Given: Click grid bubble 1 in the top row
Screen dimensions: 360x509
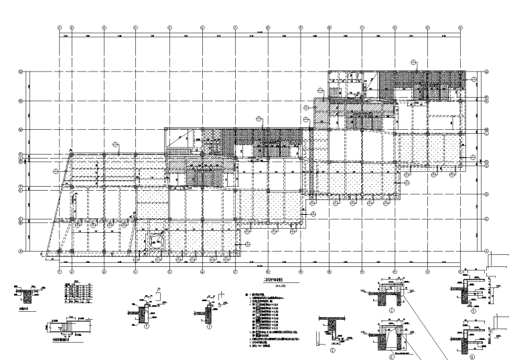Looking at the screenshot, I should pyautogui.click(x=60, y=27).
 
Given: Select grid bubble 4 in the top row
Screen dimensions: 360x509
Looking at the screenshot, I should pyautogui.click(x=136, y=27).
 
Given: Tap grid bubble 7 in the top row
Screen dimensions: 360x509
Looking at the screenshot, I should pyautogui.click(x=235, y=27).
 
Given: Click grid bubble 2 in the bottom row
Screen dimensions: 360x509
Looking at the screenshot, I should pyautogui.click(x=72, y=272).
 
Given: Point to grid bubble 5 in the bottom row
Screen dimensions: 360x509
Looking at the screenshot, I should pyautogui.click(x=170, y=272).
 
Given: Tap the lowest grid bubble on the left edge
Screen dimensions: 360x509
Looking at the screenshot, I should pyautogui.click(x=21, y=251).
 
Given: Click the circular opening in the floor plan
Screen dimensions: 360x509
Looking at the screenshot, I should pyautogui.click(x=156, y=242).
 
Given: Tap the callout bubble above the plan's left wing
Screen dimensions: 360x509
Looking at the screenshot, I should pyautogui.click(x=115, y=144).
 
